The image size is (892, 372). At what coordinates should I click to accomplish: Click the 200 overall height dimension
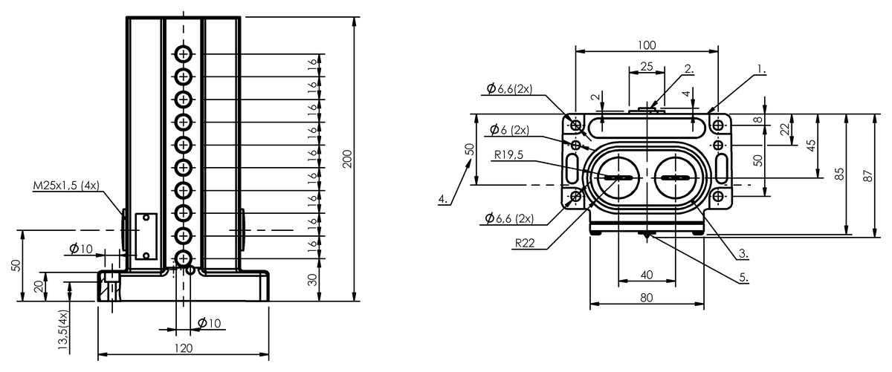tap(347, 159)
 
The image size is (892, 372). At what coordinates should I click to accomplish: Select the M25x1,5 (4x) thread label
tap(66, 186)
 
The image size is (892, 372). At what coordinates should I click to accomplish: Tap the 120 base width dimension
tap(183, 348)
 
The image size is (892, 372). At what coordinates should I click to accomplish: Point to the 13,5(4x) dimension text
tap(63, 330)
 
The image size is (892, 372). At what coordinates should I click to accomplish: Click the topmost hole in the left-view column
tap(183, 53)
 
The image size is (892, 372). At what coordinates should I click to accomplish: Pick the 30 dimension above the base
tap(313, 280)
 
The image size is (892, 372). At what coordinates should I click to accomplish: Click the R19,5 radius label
tap(508, 154)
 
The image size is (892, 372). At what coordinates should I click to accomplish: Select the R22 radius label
tap(525, 243)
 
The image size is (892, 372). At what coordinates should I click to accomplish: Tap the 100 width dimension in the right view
tap(647, 45)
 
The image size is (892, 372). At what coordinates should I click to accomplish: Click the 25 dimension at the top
tap(647, 66)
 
